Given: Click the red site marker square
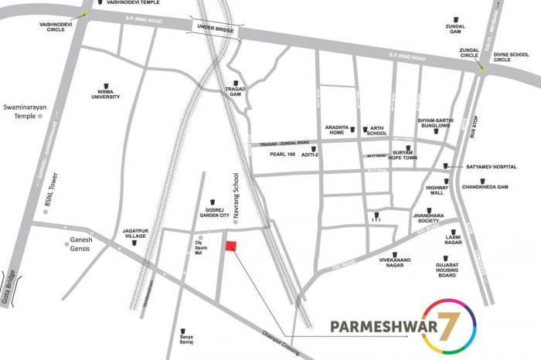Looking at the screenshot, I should point(230,246).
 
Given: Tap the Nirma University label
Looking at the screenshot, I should point(107,93).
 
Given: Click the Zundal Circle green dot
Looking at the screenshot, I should point(481,69).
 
